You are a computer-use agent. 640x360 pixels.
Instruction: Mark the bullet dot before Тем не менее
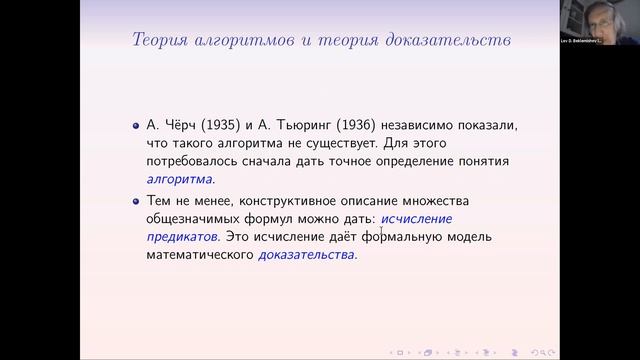[136, 200]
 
